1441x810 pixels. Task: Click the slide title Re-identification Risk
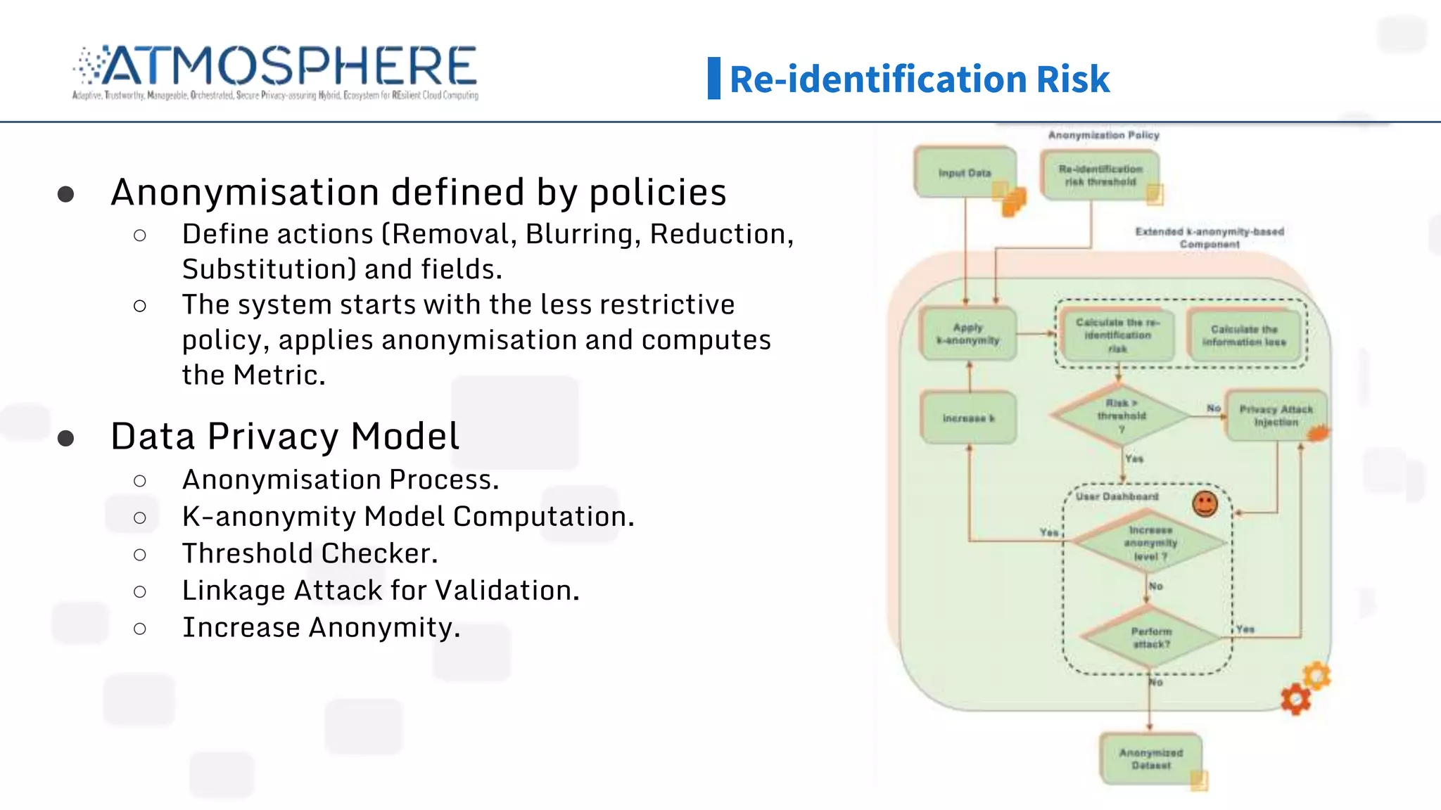pyautogui.click(x=919, y=79)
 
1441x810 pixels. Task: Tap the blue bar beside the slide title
pyautogui.click(x=713, y=78)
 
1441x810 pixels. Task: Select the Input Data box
pyautogui.click(x=965, y=172)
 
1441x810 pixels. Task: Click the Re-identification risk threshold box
pyautogui.click(x=1100, y=175)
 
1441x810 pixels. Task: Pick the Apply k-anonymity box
pyautogui.click(x=968, y=334)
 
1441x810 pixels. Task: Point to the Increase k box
pyautogui.click(x=968, y=418)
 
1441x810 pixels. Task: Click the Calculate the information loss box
pyautogui.click(x=1244, y=335)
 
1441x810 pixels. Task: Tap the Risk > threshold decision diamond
pyautogui.click(x=1121, y=416)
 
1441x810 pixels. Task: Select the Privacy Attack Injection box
pyautogui.click(x=1276, y=416)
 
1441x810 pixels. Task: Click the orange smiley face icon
pyautogui.click(x=1205, y=503)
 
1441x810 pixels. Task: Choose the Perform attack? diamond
pyautogui.click(x=1151, y=637)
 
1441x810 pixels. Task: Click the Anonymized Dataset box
pyautogui.click(x=1151, y=759)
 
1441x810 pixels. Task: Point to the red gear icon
pyautogui.click(x=1295, y=700)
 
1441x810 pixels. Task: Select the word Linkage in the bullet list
pyautogui.click(x=233, y=591)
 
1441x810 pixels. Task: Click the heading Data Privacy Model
pyautogui.click(x=285, y=436)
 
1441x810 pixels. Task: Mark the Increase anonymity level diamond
pyautogui.click(x=1150, y=543)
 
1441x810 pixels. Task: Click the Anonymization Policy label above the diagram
pyautogui.click(x=1103, y=135)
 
